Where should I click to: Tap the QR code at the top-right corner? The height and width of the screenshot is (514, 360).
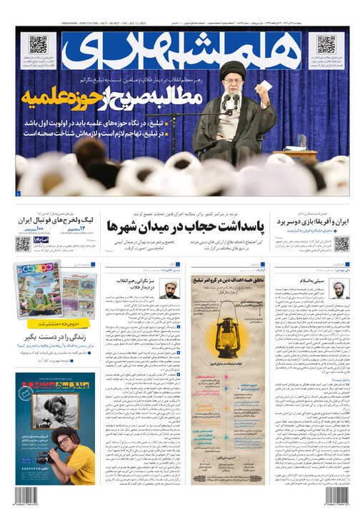pos(326,44)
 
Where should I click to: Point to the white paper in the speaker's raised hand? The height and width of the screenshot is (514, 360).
pos(266,86)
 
